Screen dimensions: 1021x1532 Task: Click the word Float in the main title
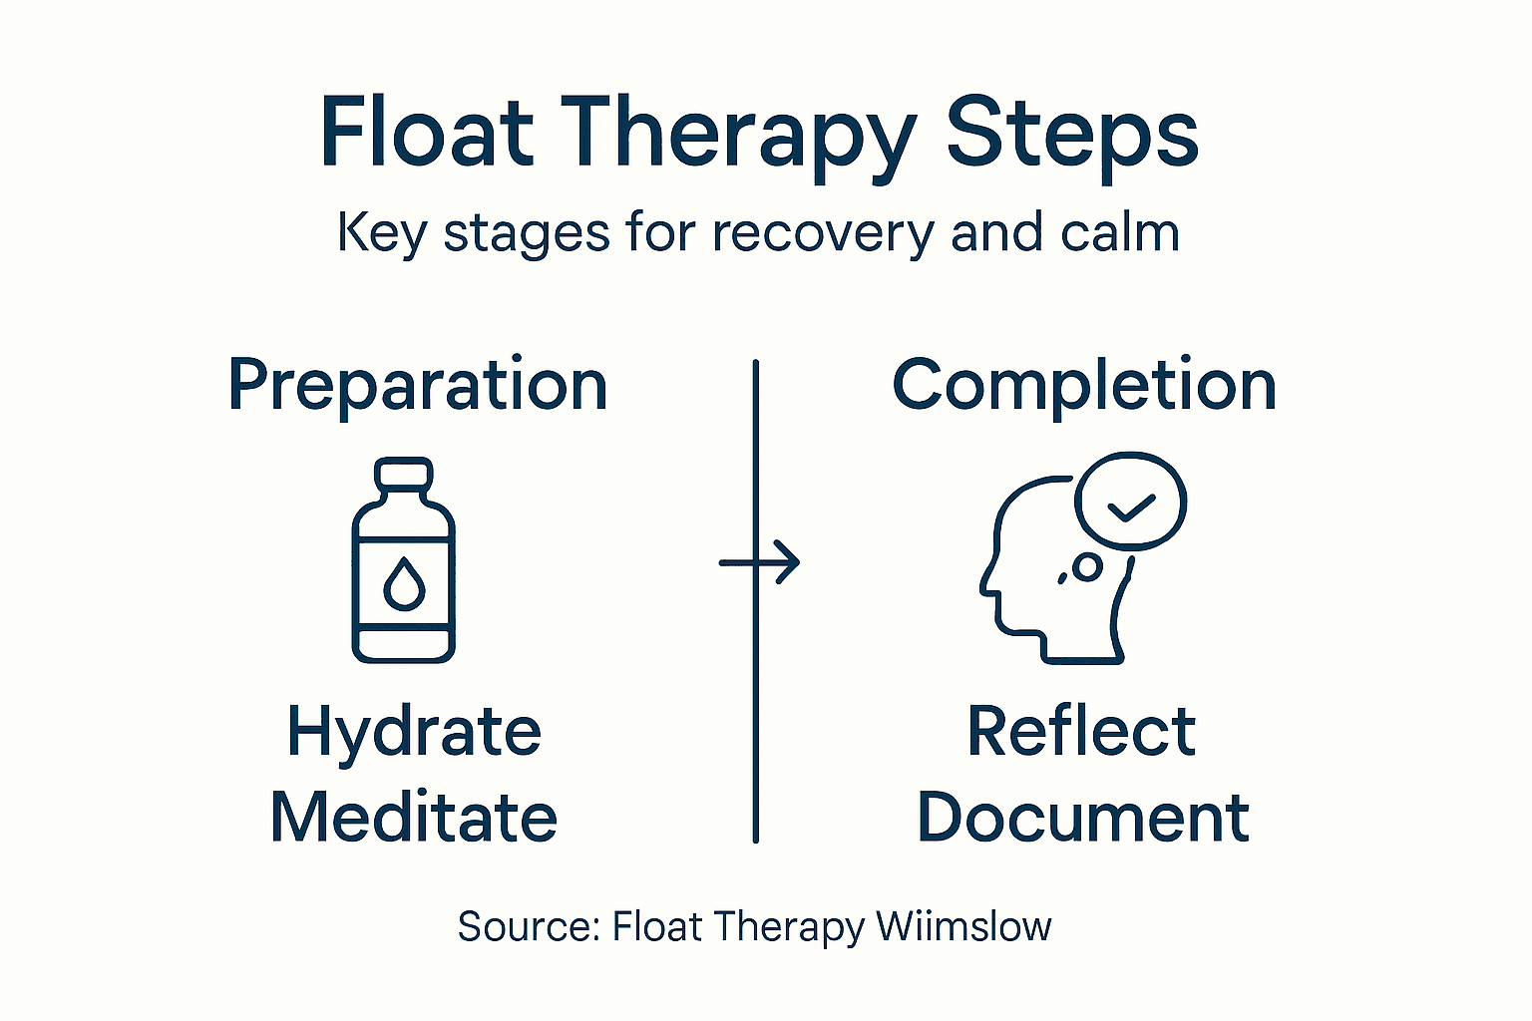pyautogui.click(x=426, y=133)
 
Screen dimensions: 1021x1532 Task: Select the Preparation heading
pyautogui.click(x=417, y=385)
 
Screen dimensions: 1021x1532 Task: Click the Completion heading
pyautogui.click(x=1084, y=385)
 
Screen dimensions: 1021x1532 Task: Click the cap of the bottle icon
pyautogui.click(x=403, y=473)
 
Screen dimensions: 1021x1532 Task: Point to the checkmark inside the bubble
pyautogui.click(x=1132, y=507)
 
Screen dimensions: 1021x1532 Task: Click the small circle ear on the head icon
pyautogui.click(x=1086, y=567)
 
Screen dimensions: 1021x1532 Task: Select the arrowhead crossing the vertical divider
pyautogui.click(x=788, y=562)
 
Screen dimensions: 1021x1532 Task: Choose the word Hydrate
pyautogui.click(x=414, y=733)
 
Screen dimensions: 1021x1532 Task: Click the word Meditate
pyautogui.click(x=413, y=818)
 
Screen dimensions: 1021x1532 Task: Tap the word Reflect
pyautogui.click(x=1081, y=732)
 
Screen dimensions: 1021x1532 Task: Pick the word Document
pyautogui.click(x=1083, y=818)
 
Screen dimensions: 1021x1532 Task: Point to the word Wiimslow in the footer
pyautogui.click(x=963, y=926)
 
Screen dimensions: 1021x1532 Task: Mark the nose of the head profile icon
pyautogui.click(x=985, y=580)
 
